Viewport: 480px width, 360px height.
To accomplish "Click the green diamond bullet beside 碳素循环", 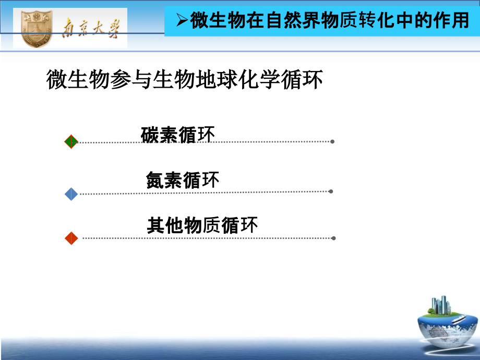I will [x=71, y=141].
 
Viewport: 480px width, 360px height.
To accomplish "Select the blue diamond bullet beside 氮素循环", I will [x=71, y=194].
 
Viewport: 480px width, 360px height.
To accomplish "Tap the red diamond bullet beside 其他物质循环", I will [x=71, y=238].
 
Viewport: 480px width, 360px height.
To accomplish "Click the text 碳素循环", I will [x=178, y=135].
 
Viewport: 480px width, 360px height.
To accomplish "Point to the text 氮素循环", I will [x=183, y=181].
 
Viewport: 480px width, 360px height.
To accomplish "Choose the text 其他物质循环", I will [x=202, y=226].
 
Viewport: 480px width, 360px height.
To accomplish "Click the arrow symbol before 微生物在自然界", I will [x=182, y=21].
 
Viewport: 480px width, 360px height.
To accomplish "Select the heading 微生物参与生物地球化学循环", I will [x=185, y=80].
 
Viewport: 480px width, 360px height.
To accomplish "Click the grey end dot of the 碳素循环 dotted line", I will [x=332, y=141].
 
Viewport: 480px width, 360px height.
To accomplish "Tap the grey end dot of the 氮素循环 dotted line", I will [x=331, y=191].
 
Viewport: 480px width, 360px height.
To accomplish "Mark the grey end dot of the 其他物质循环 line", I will [x=333, y=238].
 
